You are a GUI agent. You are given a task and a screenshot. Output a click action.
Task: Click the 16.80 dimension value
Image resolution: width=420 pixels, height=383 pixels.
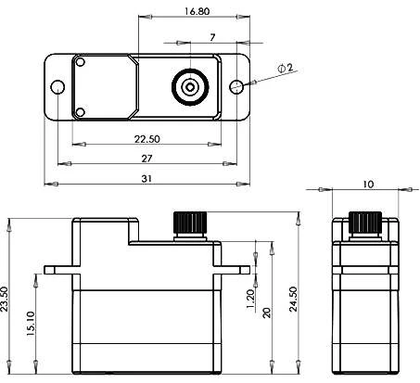196,11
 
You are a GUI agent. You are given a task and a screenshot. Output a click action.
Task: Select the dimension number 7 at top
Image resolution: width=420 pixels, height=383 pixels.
212,36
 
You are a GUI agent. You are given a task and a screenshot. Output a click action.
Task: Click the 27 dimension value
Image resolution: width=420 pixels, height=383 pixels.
147,158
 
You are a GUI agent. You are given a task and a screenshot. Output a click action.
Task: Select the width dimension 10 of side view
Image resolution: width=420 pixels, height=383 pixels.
367,185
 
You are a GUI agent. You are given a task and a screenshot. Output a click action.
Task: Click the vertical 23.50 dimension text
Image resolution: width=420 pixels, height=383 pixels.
7,300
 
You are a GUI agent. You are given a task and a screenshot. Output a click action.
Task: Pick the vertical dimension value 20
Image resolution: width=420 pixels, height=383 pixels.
266,313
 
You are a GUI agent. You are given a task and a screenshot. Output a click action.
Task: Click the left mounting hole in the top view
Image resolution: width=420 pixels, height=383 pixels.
57,87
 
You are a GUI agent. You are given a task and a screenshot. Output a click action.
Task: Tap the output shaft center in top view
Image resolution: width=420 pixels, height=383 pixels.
190,87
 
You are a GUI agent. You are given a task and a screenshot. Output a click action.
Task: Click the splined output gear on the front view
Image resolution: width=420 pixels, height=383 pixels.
190,223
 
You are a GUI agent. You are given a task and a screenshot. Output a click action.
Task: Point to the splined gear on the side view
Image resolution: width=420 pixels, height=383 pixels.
365,223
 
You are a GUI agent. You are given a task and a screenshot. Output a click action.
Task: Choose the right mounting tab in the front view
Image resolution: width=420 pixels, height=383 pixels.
235,270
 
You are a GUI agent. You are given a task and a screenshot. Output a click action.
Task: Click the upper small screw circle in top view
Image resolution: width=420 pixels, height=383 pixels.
81,63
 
